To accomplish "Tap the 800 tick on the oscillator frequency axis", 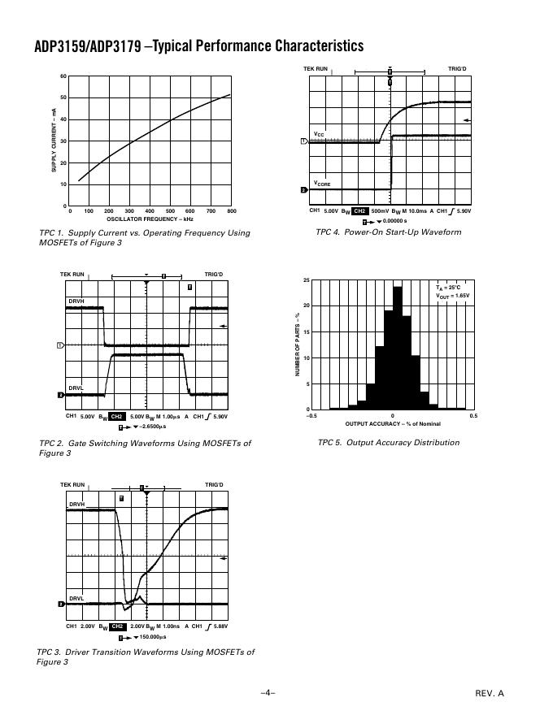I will [x=232, y=211].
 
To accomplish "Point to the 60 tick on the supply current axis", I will [x=63, y=76].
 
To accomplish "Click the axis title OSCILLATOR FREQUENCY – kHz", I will [x=150, y=219].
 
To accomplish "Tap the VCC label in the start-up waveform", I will [x=320, y=134].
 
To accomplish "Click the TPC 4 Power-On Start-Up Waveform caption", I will [x=388, y=232].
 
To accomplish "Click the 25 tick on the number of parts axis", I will [x=306, y=280].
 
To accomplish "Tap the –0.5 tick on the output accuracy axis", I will [x=311, y=416].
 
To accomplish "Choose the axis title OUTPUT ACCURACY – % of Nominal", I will [x=393, y=424].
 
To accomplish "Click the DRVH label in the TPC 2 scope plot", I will [x=76, y=301].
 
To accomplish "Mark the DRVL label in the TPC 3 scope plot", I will [x=76, y=598].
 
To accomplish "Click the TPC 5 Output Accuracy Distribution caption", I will [x=388, y=443].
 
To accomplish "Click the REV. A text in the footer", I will [x=490, y=693].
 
